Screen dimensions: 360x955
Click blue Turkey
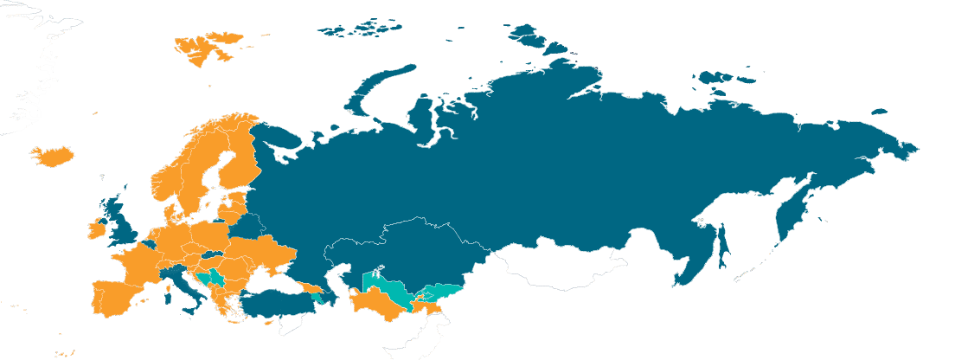pyautogui.click(x=277, y=303)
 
